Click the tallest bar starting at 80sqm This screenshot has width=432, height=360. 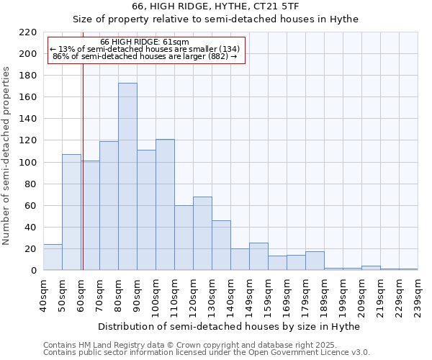coord(127,176)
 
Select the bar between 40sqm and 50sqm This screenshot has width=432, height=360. coord(53,257)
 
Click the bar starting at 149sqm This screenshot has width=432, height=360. coord(258,256)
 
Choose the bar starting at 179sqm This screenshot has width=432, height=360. coord(315,261)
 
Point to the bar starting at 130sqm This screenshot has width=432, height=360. coord(221,245)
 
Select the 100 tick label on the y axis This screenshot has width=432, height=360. coord(28,162)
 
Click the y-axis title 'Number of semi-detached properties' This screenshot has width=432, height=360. coord(7,156)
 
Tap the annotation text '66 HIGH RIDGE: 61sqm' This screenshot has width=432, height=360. coord(145,42)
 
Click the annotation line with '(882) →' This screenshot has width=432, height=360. coord(145,56)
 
